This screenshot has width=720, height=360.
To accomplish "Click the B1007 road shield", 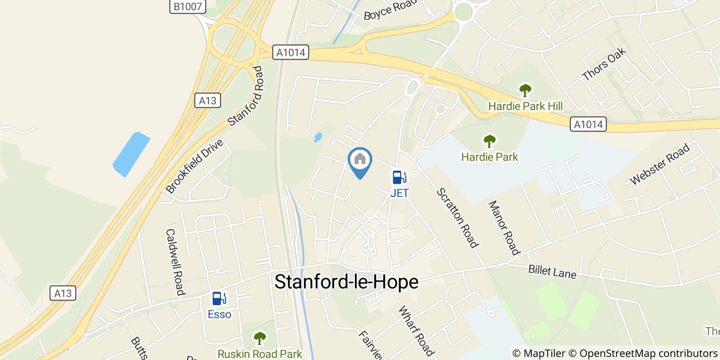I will [x=188, y=7].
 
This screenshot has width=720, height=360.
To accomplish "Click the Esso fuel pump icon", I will [x=220, y=298].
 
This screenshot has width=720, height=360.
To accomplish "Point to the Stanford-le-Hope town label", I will [x=346, y=282].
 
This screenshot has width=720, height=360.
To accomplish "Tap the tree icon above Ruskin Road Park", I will [x=260, y=338].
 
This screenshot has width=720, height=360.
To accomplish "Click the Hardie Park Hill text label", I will [x=525, y=106].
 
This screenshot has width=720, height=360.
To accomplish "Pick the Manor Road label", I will [x=503, y=227].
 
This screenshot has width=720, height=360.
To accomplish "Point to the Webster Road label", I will [x=659, y=164].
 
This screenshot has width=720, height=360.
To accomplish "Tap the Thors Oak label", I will [x=604, y=64].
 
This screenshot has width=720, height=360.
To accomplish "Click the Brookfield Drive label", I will [x=194, y=166].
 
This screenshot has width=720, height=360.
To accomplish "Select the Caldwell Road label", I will [x=175, y=262].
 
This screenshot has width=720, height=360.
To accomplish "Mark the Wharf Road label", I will [x=416, y=331].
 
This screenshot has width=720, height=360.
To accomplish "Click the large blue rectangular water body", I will [x=131, y=154].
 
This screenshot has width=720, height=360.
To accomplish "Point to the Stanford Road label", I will [x=245, y=96].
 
